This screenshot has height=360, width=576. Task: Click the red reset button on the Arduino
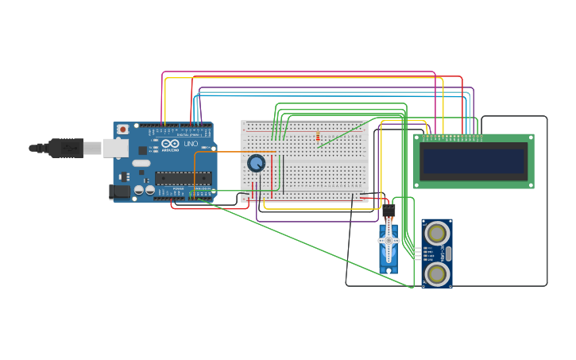point(122,130)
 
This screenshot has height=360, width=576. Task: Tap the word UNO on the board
point(191,143)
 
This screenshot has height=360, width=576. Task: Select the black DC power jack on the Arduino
point(119,192)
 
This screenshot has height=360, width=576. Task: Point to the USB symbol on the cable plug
point(67,148)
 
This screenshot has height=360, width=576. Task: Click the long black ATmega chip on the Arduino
point(183,178)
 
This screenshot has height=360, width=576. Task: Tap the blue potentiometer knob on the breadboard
point(256,163)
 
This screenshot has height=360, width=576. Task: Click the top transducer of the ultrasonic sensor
point(436,234)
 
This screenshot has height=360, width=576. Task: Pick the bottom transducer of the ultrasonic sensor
point(436,274)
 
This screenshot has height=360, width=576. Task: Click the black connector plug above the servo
point(389,211)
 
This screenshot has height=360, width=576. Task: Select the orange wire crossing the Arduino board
point(230,152)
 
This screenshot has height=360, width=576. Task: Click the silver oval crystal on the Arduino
point(141,163)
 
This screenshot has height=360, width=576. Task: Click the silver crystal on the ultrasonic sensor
point(448,254)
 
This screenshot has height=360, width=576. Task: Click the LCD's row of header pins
point(451,137)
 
